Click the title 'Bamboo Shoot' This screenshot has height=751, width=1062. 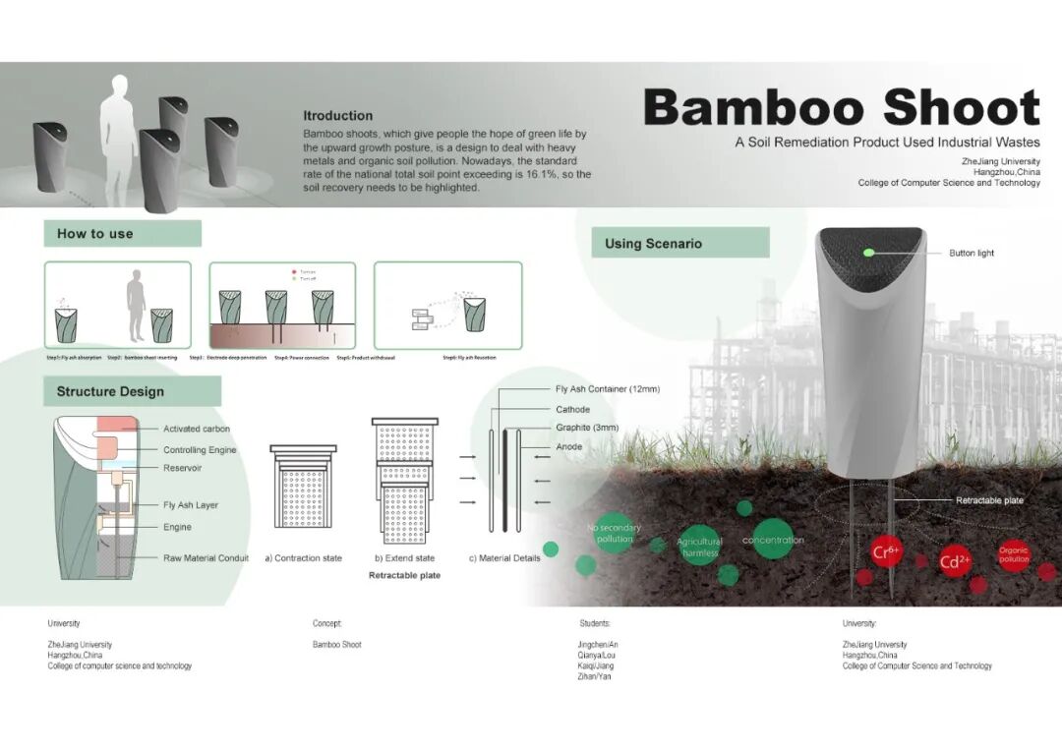842,108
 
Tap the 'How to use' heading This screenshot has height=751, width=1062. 95,234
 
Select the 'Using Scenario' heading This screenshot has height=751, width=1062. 653,244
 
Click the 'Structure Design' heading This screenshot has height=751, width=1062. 110,391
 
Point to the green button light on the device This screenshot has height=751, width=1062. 868,253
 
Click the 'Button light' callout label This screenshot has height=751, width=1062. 971,254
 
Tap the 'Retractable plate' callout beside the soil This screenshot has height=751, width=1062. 989,500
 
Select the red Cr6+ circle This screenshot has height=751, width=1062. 886,551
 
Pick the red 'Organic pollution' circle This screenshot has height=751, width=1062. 1013,555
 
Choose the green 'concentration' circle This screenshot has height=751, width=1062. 773,540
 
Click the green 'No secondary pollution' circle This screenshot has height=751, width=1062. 615,533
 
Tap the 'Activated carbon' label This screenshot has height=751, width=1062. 197,429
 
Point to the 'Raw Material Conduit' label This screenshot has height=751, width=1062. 206,558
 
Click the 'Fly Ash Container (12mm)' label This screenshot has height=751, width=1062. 607,389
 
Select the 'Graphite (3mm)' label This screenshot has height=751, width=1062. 587,428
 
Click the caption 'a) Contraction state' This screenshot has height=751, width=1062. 303,558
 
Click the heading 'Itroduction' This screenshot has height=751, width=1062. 338,116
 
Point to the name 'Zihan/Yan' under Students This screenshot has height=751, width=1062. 595,676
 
